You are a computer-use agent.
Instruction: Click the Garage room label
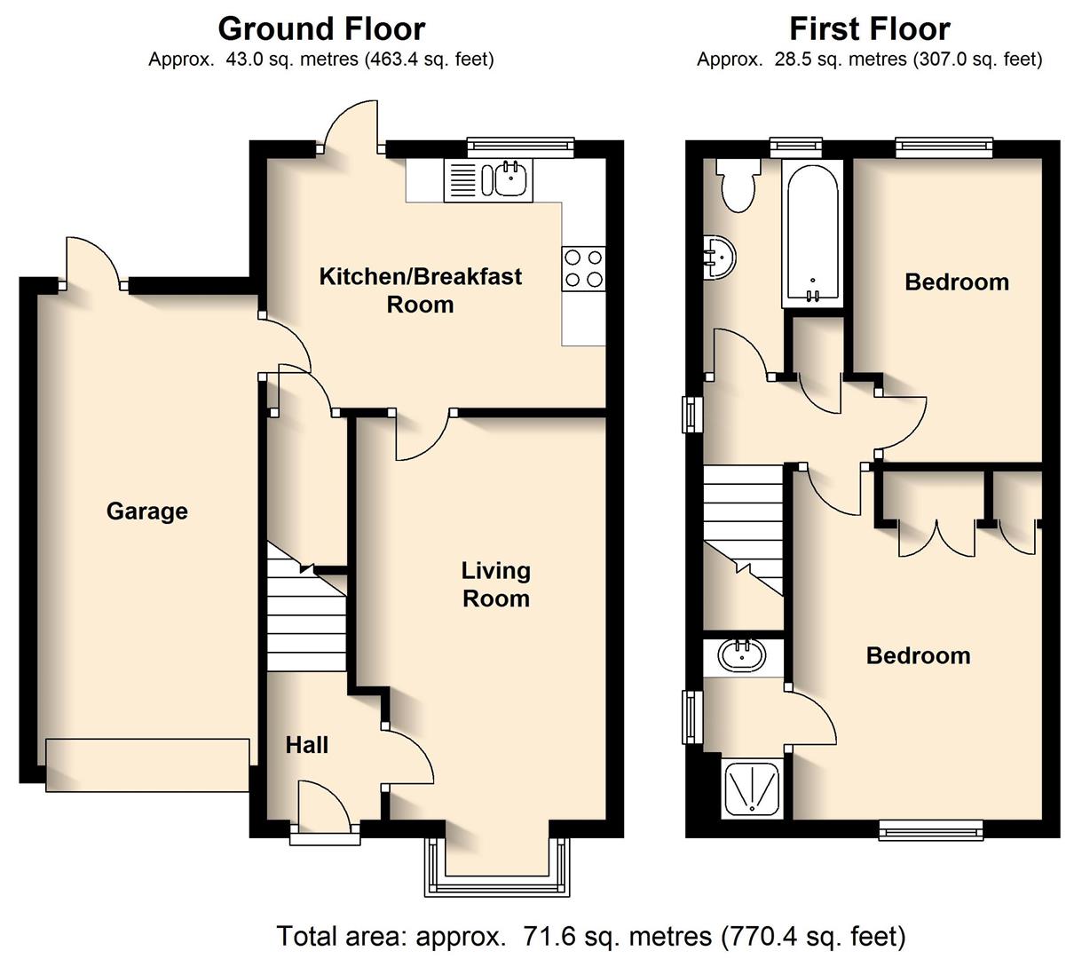click(x=146, y=511)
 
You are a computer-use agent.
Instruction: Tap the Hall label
click(x=307, y=745)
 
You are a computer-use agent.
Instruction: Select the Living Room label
click(x=495, y=584)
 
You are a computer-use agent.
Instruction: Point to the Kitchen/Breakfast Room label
click(x=420, y=290)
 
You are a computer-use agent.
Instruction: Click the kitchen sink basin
click(x=509, y=180)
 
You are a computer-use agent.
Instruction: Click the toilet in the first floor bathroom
click(x=738, y=185)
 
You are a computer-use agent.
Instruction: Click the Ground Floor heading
click(x=321, y=28)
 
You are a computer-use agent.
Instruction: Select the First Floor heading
click(x=869, y=28)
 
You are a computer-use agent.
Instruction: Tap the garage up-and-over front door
click(x=147, y=764)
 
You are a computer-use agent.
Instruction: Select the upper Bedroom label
click(x=956, y=282)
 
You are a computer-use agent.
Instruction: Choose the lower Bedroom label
click(x=918, y=656)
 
